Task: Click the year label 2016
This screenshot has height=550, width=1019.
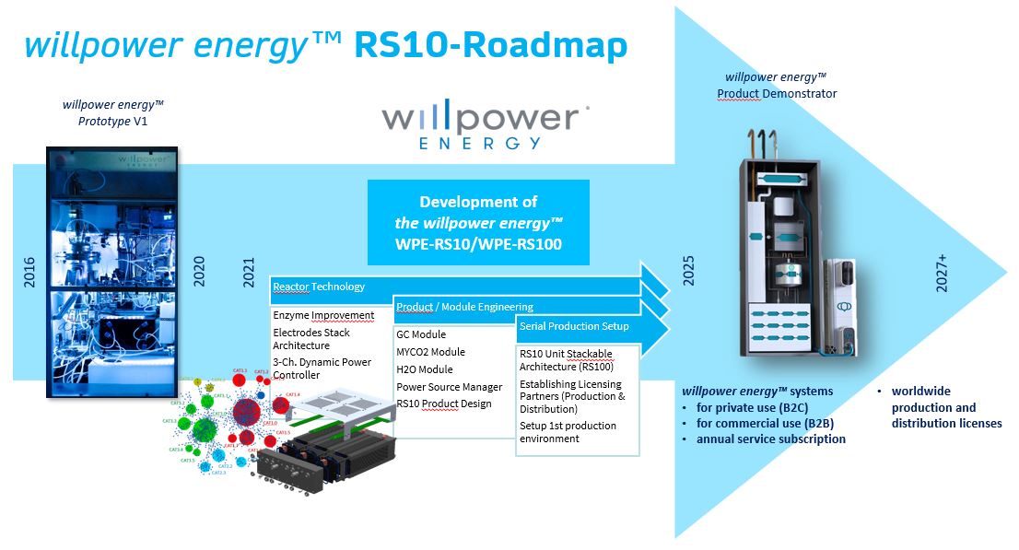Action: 30,268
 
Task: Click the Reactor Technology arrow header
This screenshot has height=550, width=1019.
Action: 319,287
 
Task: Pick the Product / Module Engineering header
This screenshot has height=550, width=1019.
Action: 464,307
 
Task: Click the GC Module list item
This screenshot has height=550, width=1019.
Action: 421,334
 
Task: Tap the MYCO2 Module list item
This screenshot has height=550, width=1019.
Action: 430,352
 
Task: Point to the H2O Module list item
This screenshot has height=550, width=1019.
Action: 425,369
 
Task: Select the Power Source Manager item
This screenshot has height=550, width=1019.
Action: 450,387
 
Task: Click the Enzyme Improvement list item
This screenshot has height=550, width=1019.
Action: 323,315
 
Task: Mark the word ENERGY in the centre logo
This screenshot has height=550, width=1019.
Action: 479,143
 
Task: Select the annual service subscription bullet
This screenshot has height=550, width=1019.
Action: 771,439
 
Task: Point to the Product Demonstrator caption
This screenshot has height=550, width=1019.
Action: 777,93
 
